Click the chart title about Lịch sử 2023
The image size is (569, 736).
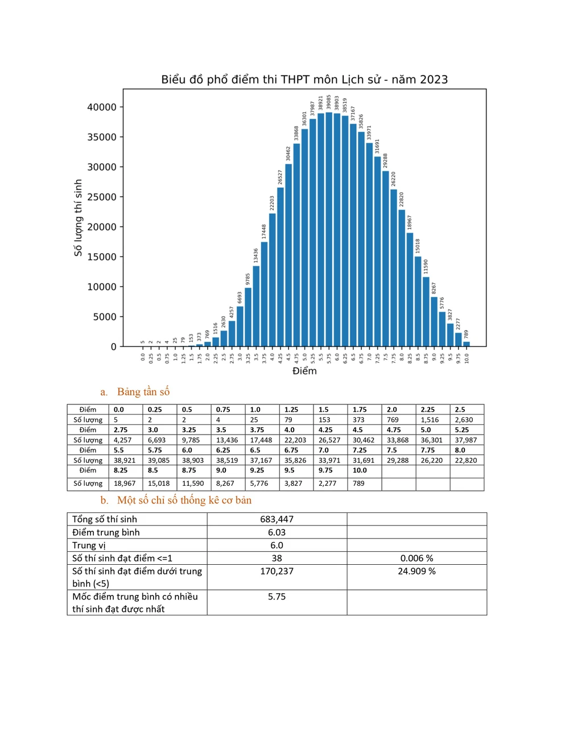304,80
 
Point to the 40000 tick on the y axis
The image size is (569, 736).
102,107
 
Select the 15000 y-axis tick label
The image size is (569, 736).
102,257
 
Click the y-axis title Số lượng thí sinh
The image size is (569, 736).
78,218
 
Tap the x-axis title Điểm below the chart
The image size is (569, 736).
304,371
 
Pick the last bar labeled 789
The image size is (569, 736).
467,344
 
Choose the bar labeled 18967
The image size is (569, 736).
410,290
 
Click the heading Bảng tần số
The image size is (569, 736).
143,392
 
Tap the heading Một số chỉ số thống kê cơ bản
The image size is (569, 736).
184,500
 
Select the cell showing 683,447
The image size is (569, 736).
277,519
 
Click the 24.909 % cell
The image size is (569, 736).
417,571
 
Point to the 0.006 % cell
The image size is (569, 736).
417,559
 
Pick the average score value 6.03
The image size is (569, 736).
277,532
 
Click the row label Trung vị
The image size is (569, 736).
89,545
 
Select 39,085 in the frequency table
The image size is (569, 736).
159,460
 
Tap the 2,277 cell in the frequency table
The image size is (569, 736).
327,483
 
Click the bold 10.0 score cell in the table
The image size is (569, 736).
360,470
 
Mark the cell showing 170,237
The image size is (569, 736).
277,571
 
